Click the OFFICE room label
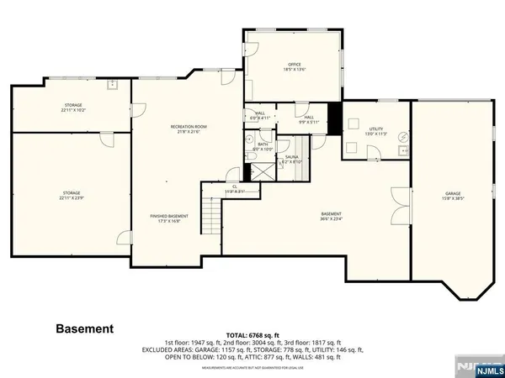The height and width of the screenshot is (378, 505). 295,63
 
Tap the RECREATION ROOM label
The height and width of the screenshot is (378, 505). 189,127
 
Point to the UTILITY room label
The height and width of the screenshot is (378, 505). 375,129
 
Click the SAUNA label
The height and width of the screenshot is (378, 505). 291,157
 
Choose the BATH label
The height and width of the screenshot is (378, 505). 263,144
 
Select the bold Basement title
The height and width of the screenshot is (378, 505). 84,328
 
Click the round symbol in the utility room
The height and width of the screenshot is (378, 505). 402,136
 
